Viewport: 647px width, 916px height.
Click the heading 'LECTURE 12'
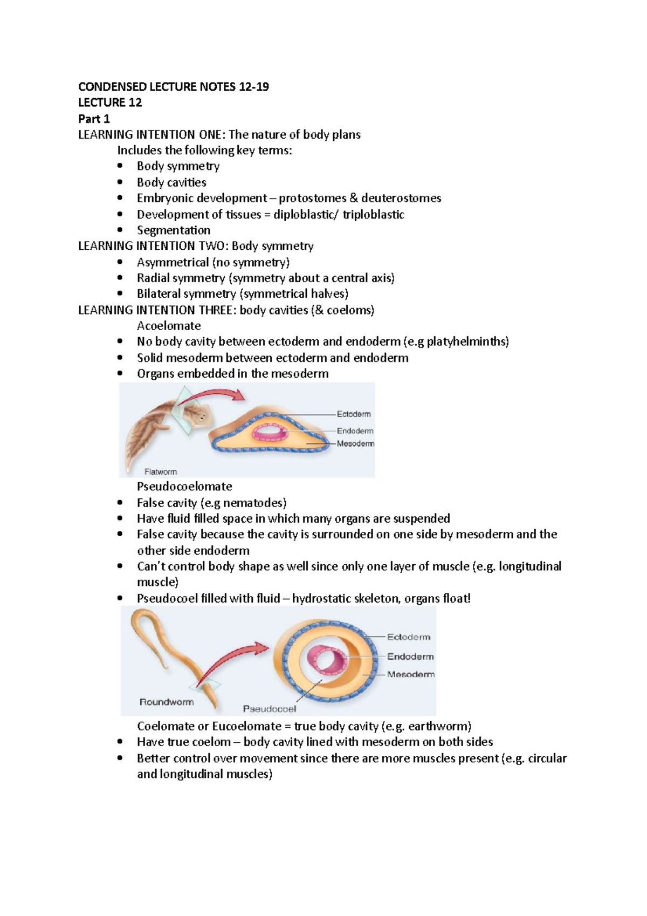pos(110,102)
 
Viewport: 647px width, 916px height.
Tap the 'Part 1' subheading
pos(94,119)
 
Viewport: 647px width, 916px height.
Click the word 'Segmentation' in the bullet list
pos(174,230)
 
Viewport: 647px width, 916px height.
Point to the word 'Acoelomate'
pos(169,326)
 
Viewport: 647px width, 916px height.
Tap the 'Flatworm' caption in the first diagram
pos(160,471)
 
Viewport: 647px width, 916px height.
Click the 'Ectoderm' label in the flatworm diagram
pos(354,414)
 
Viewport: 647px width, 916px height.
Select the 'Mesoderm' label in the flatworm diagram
pos(355,443)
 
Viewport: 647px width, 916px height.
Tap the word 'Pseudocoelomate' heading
pos(184,487)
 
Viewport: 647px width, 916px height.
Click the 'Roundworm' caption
pos(167,702)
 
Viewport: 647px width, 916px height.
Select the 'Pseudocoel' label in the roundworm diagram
pos(269,708)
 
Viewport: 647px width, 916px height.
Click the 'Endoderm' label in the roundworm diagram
pos(410,657)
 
